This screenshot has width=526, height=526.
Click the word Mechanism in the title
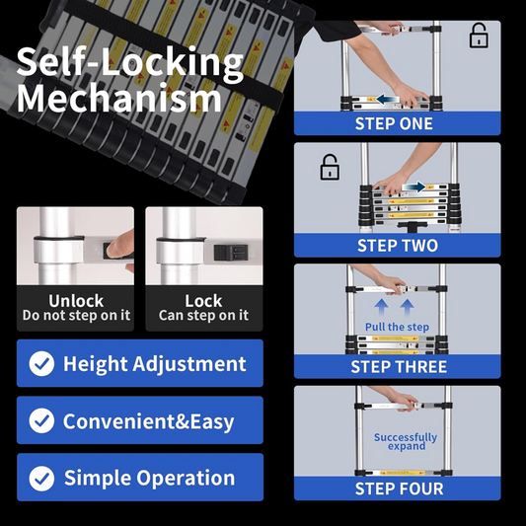tap(119, 99)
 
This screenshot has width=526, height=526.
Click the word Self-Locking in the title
tap(129, 62)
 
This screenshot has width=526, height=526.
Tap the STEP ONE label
tap(394, 124)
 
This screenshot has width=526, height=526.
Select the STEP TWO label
tap(398, 246)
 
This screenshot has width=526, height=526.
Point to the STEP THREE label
tap(399, 367)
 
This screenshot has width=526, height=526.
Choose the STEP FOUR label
tap(398, 488)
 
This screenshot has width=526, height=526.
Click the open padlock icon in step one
tap(479, 37)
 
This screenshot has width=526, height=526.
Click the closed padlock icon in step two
tap(330, 167)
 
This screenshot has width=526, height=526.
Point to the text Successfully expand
tap(405, 441)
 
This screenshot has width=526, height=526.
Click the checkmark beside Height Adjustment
tap(41, 364)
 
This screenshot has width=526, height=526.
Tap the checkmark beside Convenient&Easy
tap(41, 421)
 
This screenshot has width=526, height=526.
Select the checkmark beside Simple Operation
tap(41, 479)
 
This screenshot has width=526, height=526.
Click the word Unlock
tap(75, 300)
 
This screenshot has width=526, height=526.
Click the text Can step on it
tap(204, 316)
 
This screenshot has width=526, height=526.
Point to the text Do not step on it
tap(76, 316)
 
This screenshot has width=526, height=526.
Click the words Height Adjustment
tap(155, 363)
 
